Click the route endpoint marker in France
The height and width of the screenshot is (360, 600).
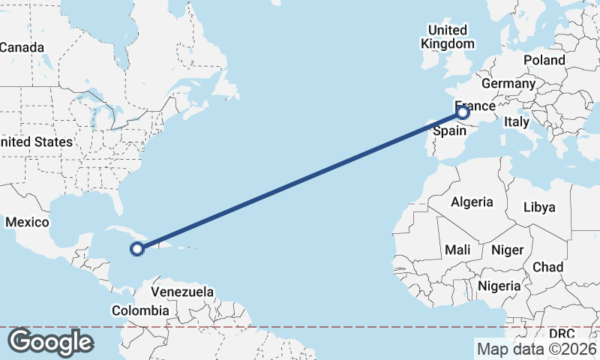[x=463, y=112]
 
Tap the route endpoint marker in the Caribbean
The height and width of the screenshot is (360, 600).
[x=137, y=249]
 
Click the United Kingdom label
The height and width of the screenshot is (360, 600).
[x=447, y=37]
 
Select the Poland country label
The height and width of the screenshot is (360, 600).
[x=544, y=60]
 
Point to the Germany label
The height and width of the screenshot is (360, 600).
[x=508, y=83]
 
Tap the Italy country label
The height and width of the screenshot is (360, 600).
[x=516, y=121]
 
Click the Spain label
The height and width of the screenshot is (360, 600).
[x=451, y=130]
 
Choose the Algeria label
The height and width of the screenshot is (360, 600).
[x=472, y=202]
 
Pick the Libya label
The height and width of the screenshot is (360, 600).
[x=539, y=206]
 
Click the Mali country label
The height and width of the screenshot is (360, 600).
[x=457, y=250]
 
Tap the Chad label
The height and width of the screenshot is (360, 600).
[x=547, y=267]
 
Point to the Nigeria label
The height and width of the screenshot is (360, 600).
[x=499, y=286]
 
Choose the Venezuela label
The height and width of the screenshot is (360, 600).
[x=182, y=292]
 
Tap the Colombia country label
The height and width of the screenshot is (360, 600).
[x=140, y=310]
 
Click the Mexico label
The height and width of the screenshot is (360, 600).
[x=27, y=223]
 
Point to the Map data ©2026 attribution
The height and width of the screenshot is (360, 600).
[x=536, y=349]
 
